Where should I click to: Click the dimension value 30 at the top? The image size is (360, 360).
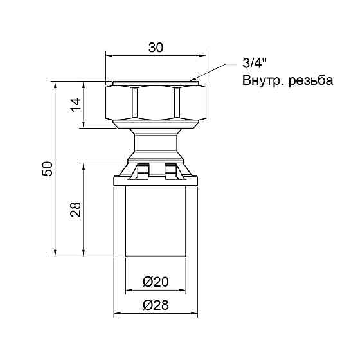click(x=156, y=48)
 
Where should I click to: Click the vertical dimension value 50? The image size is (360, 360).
click(x=46, y=168)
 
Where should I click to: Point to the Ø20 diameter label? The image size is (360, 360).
click(x=155, y=282)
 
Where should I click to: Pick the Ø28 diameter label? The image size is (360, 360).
click(x=155, y=305)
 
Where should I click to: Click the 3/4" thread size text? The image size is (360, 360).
click(x=254, y=64)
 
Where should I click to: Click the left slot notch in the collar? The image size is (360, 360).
click(x=141, y=170)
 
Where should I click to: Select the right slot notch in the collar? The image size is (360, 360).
click(x=170, y=170)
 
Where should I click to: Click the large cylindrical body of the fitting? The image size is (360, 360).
click(x=155, y=222)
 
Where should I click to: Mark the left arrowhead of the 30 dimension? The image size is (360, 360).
click(x=109, y=57)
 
